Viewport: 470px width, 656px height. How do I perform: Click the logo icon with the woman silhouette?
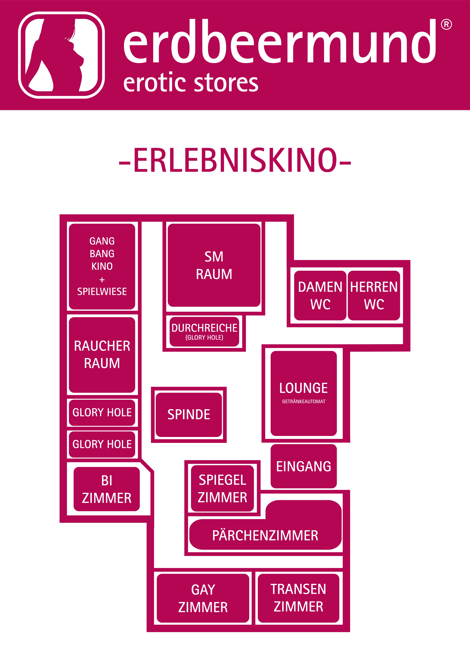61,55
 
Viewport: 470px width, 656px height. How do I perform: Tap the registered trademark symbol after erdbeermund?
446,25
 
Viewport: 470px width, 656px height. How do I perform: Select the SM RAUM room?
214,265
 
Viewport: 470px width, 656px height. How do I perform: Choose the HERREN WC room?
374,295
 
